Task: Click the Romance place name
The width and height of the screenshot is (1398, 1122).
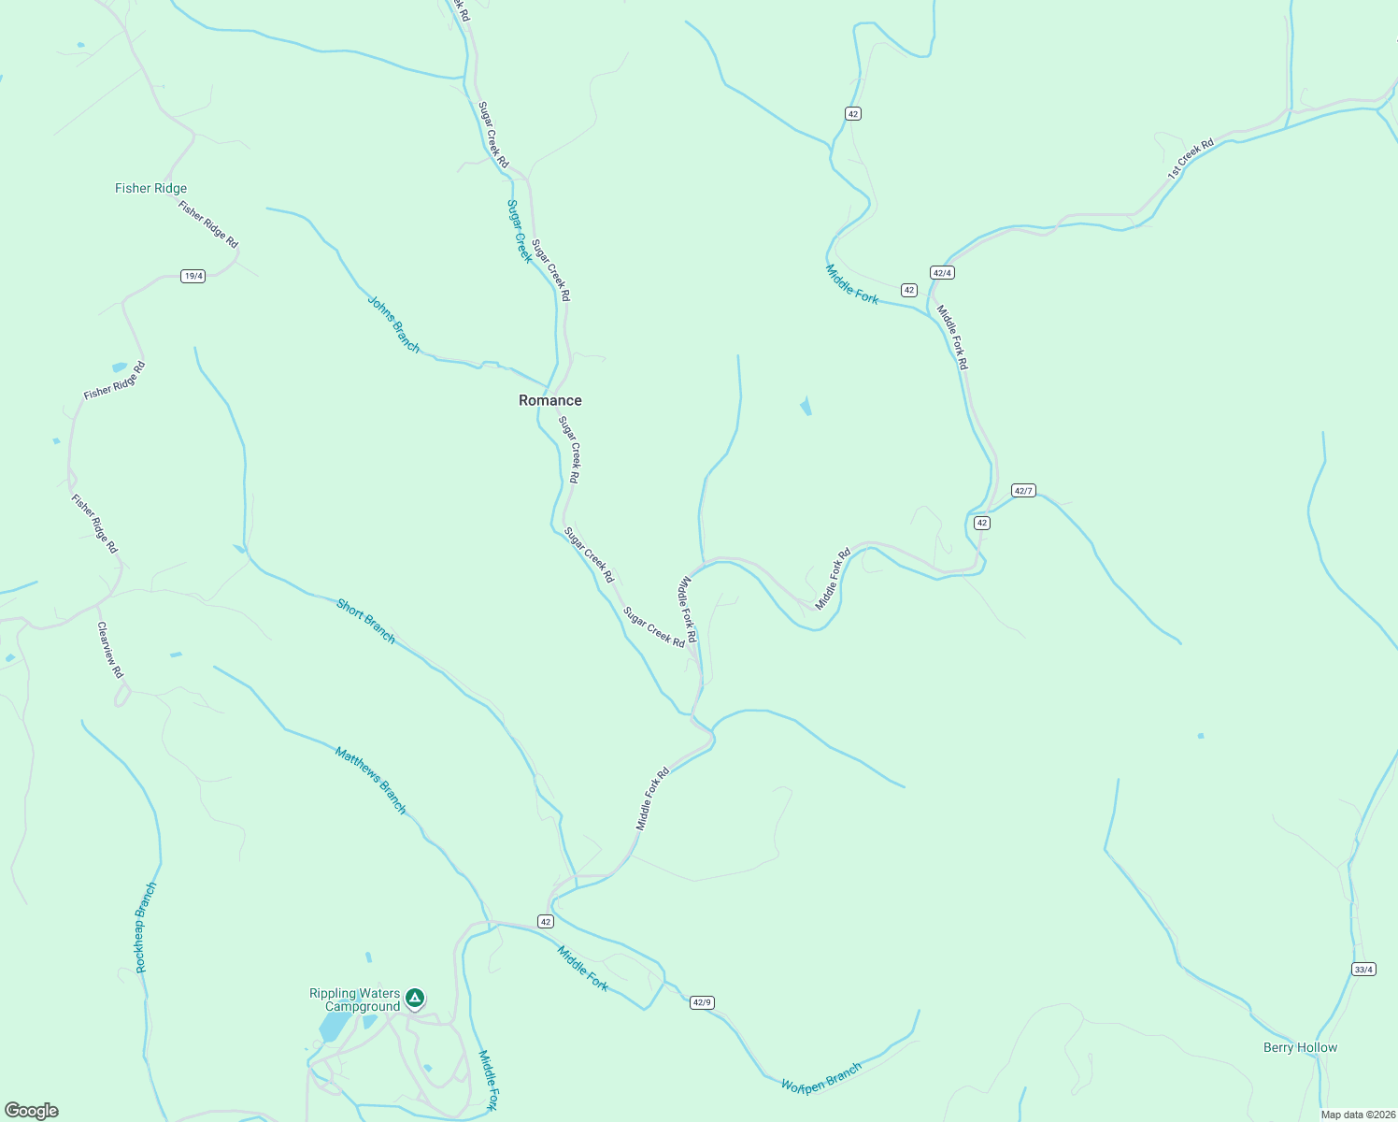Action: [x=549, y=400]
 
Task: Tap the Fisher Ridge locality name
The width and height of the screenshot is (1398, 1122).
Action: [x=150, y=188]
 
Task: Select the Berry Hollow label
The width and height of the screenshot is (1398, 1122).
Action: [x=1300, y=1047]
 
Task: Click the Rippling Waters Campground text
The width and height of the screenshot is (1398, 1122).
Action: [x=355, y=1000]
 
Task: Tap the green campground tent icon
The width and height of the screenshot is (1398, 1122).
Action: [x=415, y=999]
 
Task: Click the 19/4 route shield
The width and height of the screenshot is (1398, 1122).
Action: [x=193, y=276]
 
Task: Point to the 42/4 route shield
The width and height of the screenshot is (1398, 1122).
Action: [x=942, y=272]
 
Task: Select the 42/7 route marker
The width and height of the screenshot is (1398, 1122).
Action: [x=1023, y=491]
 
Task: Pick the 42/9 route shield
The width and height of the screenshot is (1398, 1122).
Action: [x=702, y=1002]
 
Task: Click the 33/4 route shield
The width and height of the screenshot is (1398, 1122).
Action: [x=1363, y=969]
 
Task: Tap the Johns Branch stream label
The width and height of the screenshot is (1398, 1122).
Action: [x=393, y=324]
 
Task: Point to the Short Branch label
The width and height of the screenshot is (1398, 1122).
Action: [x=365, y=622]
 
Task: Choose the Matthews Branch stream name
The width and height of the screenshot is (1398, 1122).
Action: [x=371, y=780]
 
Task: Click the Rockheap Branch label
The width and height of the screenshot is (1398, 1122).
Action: [x=146, y=928]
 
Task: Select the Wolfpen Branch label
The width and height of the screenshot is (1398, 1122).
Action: [x=821, y=1076]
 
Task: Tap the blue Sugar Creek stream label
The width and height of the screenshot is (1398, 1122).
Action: [x=519, y=231]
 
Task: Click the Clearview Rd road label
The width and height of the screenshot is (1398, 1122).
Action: [x=110, y=650]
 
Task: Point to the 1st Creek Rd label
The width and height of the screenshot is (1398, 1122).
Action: [x=1191, y=159]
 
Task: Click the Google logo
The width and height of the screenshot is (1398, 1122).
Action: [x=32, y=1111]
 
